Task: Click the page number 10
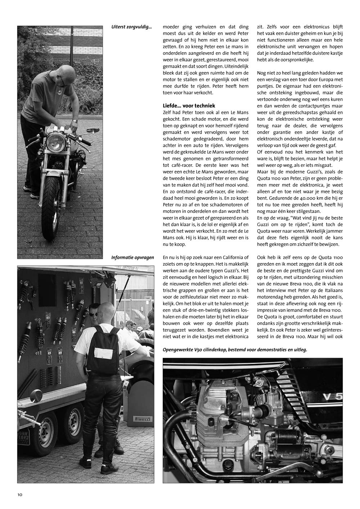click(20, 494)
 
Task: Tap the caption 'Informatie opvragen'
click(132, 257)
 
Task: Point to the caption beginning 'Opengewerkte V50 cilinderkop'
click(235, 350)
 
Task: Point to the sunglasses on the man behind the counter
click(93, 314)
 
